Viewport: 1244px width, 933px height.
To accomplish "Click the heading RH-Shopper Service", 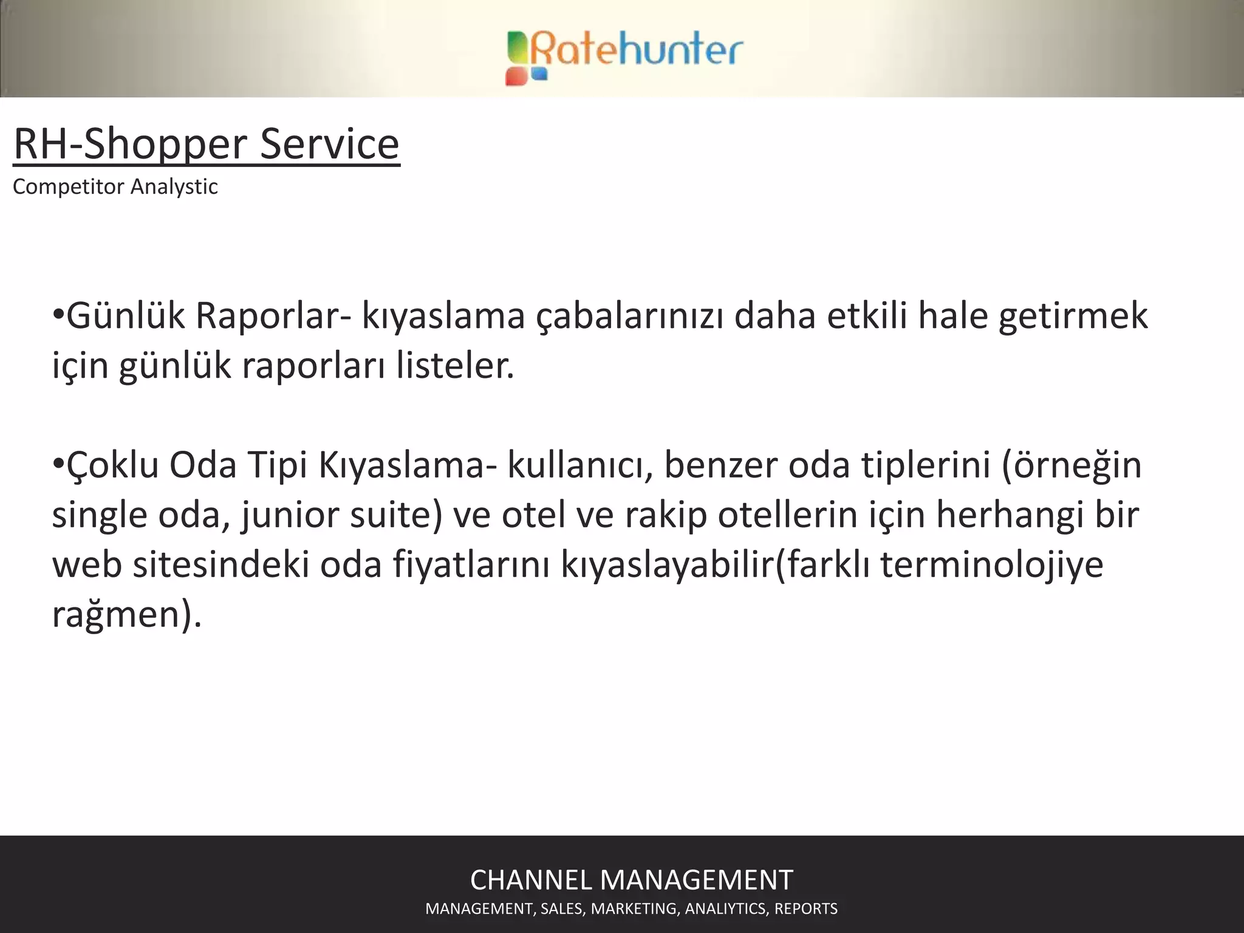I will (207, 145).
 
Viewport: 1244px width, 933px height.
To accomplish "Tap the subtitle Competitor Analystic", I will (115, 186).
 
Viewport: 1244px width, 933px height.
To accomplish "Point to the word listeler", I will (456, 366).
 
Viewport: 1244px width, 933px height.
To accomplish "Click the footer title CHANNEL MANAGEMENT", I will (632, 880).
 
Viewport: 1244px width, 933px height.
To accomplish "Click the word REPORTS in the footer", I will (806, 909).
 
